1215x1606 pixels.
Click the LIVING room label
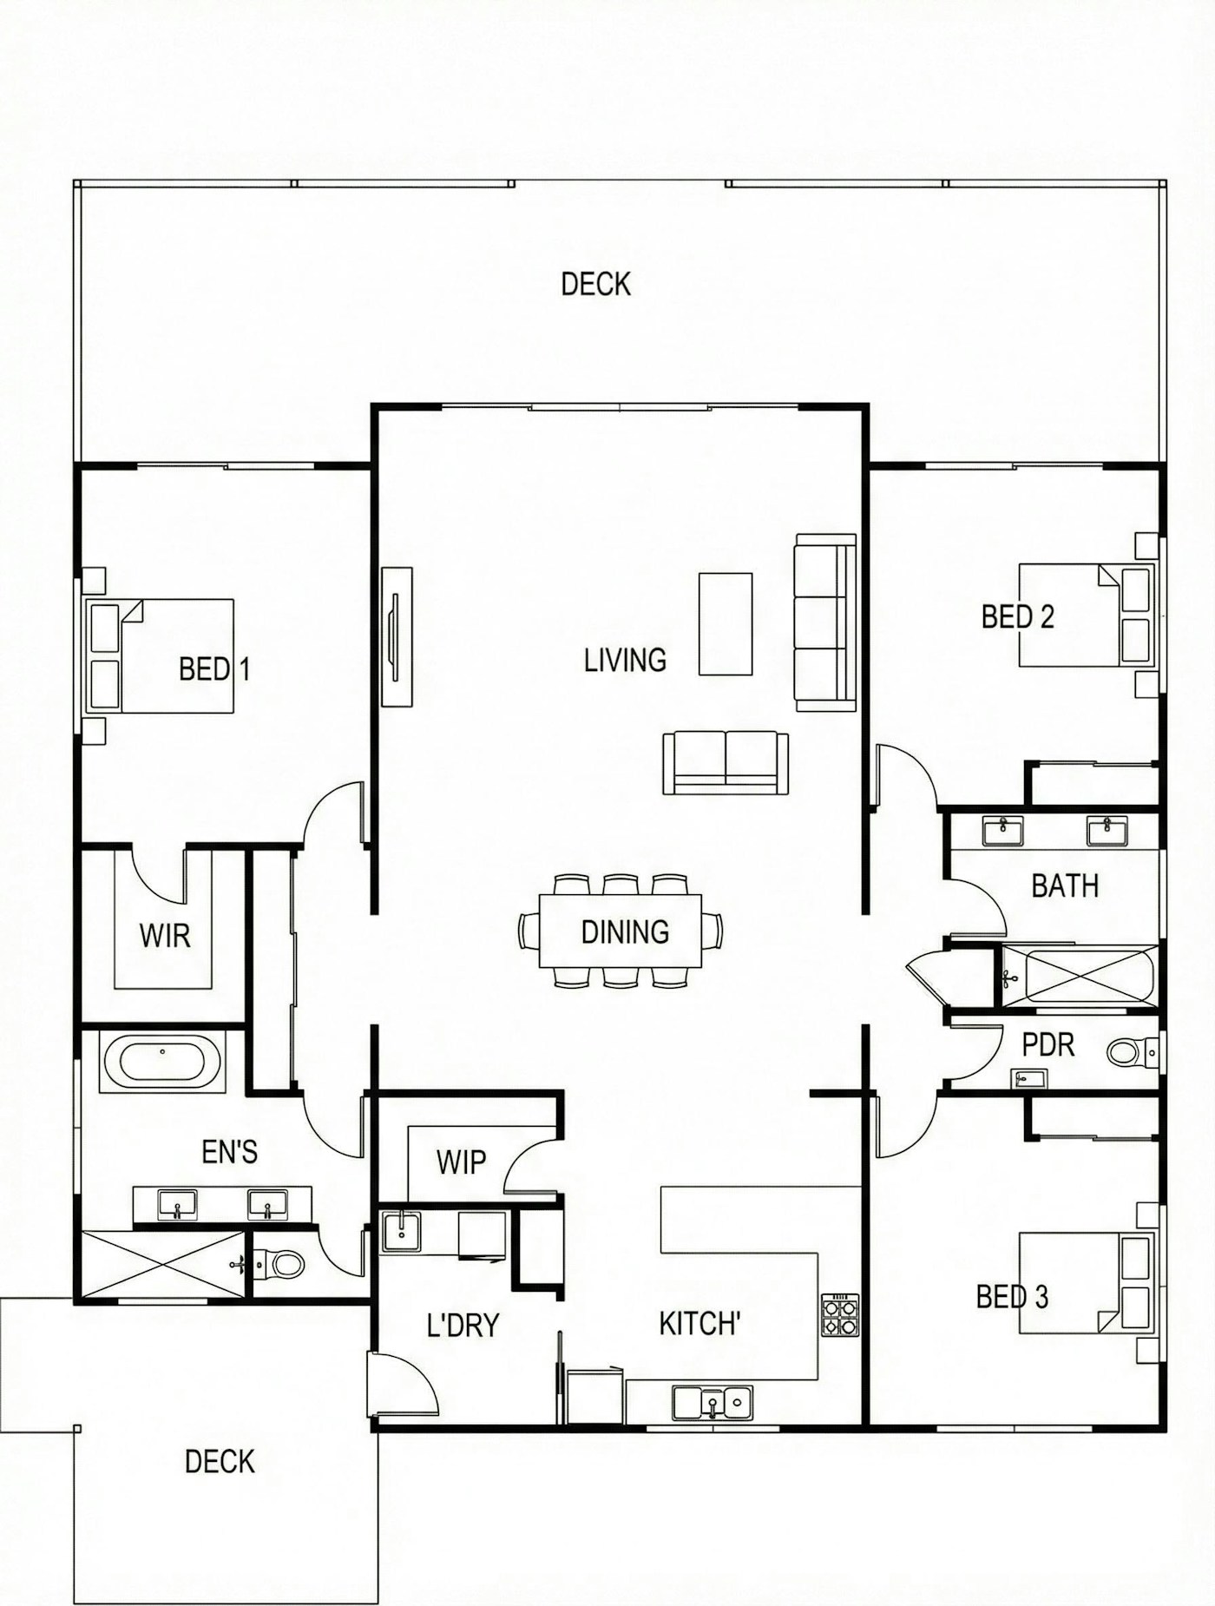click(625, 661)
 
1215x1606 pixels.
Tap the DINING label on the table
click(625, 932)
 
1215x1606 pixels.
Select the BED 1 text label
click(214, 669)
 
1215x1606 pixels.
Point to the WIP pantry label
click(461, 1162)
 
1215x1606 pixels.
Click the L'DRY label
click(463, 1326)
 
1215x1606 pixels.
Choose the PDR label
click(1048, 1044)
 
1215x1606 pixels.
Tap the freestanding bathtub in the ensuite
click(163, 1062)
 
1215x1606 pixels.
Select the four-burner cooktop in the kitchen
click(840, 1314)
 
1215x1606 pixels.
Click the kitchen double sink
click(713, 1402)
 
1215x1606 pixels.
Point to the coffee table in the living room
click(726, 623)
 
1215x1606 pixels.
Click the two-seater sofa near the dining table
click(726, 763)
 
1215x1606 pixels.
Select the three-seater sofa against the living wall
click(825, 622)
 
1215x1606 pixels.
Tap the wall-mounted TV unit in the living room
click(397, 636)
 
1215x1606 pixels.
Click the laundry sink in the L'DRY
click(401, 1231)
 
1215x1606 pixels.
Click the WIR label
click(165, 936)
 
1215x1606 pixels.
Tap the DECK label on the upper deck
click(595, 284)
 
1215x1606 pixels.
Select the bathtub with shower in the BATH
click(1079, 977)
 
